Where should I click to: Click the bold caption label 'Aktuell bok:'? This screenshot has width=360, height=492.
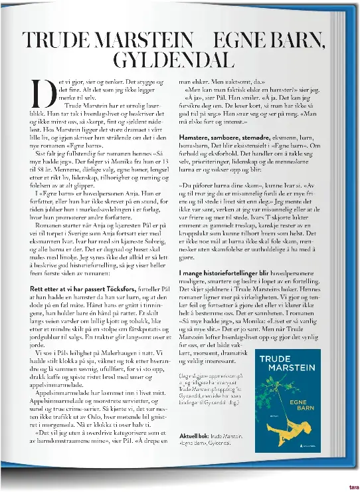[x=195, y=453]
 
